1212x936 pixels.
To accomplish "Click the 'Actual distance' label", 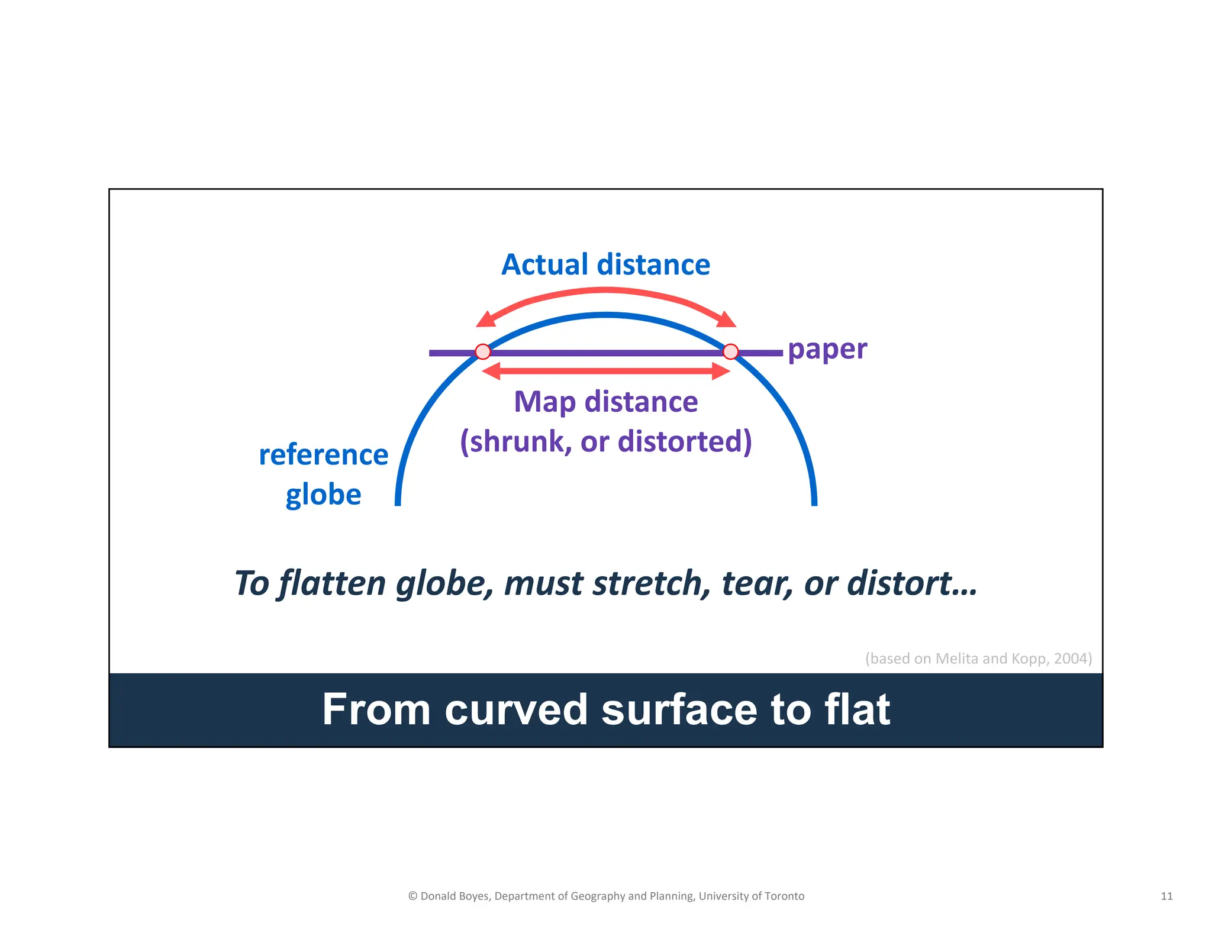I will pyautogui.click(x=605, y=264).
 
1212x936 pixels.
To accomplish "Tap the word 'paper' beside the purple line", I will pyautogui.click(x=827, y=350).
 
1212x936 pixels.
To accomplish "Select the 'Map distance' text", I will pyautogui.click(x=605, y=402).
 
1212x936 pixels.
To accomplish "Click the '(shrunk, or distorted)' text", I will pyautogui.click(x=605, y=441).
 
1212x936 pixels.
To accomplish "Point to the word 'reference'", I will pyautogui.click(x=323, y=455).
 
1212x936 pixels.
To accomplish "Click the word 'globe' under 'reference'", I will pyautogui.click(x=323, y=495).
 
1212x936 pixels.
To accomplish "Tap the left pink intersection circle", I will pyautogui.click(x=483, y=352).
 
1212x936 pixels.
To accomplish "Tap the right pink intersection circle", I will pyautogui.click(x=731, y=352).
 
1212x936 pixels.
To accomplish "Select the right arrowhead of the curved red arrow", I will pyautogui.click(x=727, y=321).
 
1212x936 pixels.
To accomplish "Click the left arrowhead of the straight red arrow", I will pyautogui.click(x=491, y=371).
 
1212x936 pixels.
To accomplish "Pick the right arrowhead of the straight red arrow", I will pyautogui.click(x=721, y=371).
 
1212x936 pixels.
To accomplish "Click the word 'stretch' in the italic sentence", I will pyautogui.click(x=652, y=583).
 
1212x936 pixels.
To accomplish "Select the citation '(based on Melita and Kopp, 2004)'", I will pyautogui.click(x=978, y=659).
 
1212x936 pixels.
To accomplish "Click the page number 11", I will pyautogui.click(x=1166, y=896).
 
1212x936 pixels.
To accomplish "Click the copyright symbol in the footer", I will pyautogui.click(x=412, y=896).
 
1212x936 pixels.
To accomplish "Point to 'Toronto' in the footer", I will pyautogui.click(x=784, y=896).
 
